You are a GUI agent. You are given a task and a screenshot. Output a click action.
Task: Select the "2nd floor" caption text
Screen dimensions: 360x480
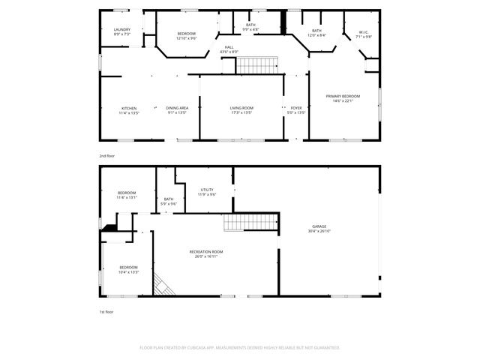[107, 155]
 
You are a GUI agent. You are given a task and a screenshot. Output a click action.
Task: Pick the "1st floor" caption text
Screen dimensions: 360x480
[107, 311]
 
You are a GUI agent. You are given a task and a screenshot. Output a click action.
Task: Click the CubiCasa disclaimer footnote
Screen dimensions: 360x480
[240, 347]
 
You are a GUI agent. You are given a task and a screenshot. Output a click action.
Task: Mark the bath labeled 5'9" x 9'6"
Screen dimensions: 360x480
[169, 201]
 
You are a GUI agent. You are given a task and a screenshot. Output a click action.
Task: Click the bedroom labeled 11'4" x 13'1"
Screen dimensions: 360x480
[127, 195]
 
